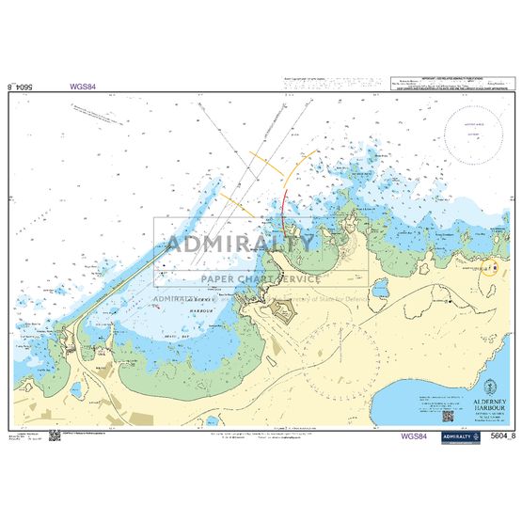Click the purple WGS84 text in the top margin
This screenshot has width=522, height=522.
[83, 86]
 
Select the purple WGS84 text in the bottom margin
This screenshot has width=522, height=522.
[414, 435]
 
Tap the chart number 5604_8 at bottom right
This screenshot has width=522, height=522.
[500, 435]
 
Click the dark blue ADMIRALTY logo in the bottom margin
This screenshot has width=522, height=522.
[457, 435]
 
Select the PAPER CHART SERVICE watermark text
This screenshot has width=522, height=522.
[260, 278]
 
